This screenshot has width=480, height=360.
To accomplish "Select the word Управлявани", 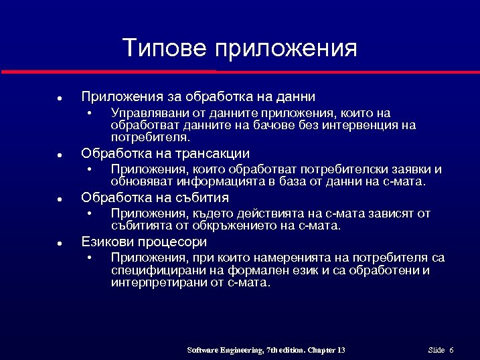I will (146, 113).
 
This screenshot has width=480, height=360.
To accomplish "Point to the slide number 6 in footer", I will (451, 351).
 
